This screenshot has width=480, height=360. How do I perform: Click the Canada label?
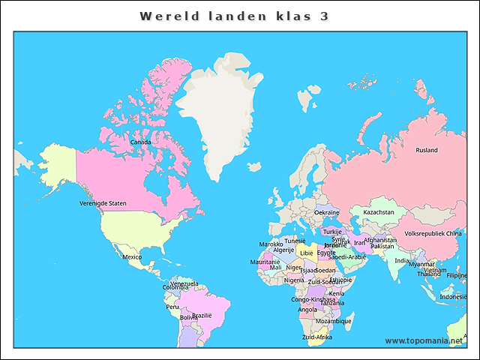[x=140, y=142]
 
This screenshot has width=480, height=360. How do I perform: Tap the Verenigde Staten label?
[x=103, y=203]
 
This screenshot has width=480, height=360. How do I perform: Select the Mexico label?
[x=132, y=256]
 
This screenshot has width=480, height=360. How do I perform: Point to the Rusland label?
[x=427, y=150]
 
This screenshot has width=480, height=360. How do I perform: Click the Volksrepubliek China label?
[x=433, y=233]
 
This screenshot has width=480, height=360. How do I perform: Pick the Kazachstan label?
[x=379, y=212]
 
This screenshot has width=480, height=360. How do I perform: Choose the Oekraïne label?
[x=326, y=212]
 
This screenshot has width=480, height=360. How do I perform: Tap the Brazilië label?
[x=202, y=315]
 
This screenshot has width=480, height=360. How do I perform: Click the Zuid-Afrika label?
[x=316, y=337]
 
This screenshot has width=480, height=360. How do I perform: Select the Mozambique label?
[x=333, y=321]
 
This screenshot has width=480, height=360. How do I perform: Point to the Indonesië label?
[x=454, y=296]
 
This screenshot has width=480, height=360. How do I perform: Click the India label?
[x=402, y=260]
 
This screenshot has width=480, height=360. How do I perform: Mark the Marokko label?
[x=271, y=244]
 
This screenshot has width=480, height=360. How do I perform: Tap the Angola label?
[x=307, y=309]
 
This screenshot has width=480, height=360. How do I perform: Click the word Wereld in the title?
[x=166, y=16]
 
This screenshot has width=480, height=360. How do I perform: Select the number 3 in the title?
[x=323, y=16]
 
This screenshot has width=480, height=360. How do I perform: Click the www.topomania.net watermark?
[x=424, y=340]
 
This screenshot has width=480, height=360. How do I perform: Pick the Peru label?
[x=172, y=306]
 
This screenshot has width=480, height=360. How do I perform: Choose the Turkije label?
[x=332, y=232]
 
